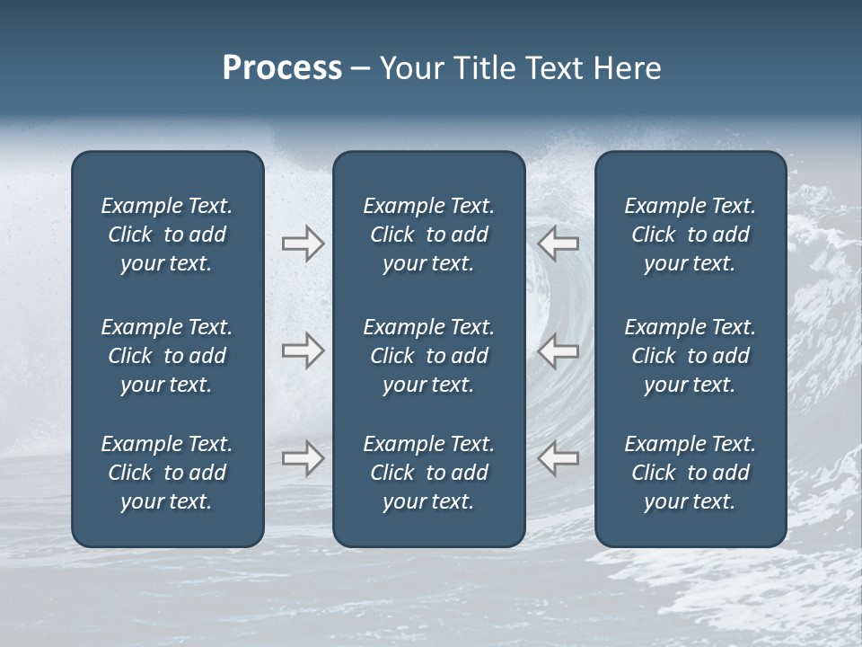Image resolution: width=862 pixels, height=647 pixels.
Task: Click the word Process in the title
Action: (282, 68)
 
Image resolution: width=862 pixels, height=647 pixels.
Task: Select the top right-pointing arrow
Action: (303, 244)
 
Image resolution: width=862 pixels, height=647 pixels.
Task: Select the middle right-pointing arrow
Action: (303, 350)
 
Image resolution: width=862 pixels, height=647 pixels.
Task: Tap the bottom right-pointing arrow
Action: (303, 458)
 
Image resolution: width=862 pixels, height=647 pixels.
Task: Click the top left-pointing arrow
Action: (559, 244)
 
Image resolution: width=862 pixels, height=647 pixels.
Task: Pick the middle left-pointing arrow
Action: (559, 350)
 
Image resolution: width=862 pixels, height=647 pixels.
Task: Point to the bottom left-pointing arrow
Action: (559, 458)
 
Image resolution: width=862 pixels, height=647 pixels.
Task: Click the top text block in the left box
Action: (167, 235)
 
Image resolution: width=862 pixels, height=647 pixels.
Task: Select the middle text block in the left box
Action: (167, 356)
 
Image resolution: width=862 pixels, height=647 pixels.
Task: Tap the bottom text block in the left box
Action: (167, 473)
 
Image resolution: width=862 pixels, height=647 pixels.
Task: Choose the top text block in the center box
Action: (428, 235)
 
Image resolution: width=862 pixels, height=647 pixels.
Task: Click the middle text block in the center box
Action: (428, 356)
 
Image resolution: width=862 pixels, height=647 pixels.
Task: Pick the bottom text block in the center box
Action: (428, 473)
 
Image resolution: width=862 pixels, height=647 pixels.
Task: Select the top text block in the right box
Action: (690, 235)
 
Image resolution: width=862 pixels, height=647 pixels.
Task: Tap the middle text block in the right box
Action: (690, 356)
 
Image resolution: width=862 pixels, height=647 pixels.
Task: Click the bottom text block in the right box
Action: (690, 473)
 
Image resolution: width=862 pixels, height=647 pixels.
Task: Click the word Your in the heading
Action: (409, 68)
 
